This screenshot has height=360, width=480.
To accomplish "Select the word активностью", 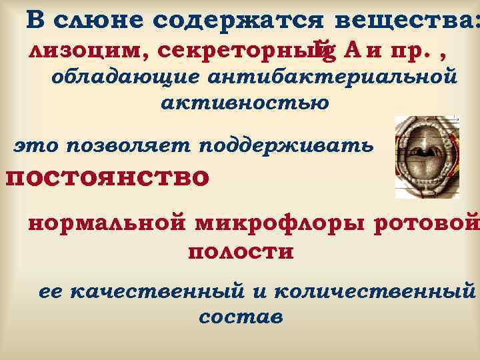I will click(245, 103).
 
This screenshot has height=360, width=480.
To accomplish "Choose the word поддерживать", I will click(286, 145).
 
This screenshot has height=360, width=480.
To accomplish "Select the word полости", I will click(241, 253).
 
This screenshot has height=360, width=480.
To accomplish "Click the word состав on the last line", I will click(241, 317).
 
